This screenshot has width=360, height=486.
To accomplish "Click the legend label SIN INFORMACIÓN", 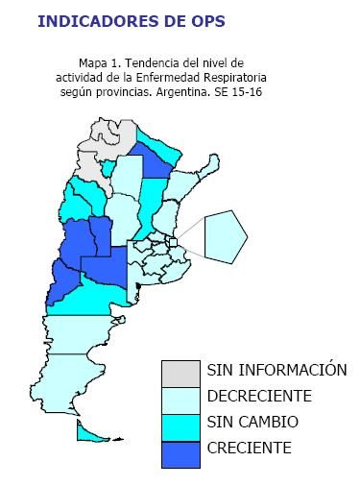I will [276, 370].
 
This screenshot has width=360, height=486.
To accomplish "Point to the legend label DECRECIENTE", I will [259, 396].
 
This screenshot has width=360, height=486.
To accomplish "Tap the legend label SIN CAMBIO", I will [252, 423].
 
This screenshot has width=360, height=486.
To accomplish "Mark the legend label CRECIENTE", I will [249, 449].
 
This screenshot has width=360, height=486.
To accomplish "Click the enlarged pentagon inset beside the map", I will [225, 235].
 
